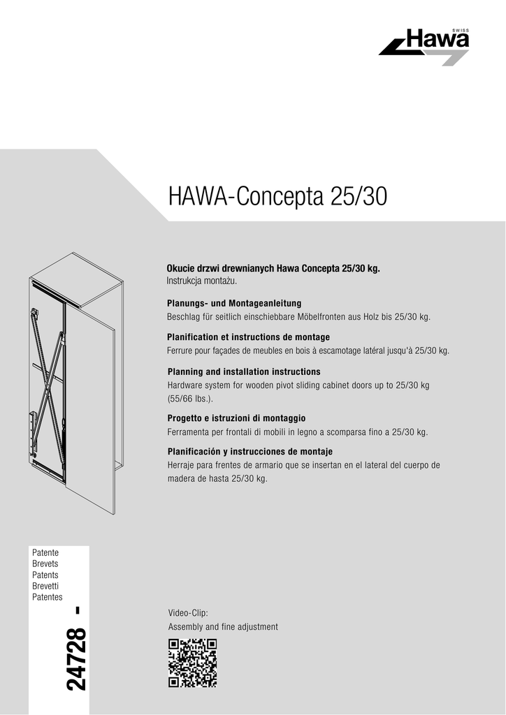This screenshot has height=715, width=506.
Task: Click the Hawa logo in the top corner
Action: tap(424, 47)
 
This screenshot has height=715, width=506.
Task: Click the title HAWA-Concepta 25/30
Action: tap(277, 196)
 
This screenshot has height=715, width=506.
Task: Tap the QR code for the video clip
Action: tap(192, 663)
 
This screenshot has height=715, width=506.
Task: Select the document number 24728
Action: tap(77, 660)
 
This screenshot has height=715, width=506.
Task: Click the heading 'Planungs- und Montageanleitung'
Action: tap(233, 304)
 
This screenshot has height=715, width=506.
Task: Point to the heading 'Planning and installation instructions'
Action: tap(243, 371)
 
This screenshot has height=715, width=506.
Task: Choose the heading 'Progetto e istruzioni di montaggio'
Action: tap(236, 418)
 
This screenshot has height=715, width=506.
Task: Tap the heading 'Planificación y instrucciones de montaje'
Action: tap(250, 451)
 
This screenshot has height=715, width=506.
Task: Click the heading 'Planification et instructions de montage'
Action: tap(248, 337)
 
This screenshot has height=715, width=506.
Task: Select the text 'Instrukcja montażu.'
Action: tap(202, 281)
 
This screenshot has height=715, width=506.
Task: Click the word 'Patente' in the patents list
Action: tap(45, 552)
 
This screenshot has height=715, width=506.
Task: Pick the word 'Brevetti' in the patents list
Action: tap(45, 586)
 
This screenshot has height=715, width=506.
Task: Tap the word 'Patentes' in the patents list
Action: tap(48, 597)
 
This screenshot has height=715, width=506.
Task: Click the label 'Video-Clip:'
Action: tap(183, 613)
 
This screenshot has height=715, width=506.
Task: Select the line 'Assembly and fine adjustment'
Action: tap(223, 627)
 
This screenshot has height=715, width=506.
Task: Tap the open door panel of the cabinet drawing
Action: tap(91, 405)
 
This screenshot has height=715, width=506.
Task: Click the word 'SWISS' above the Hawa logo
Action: tap(461, 30)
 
